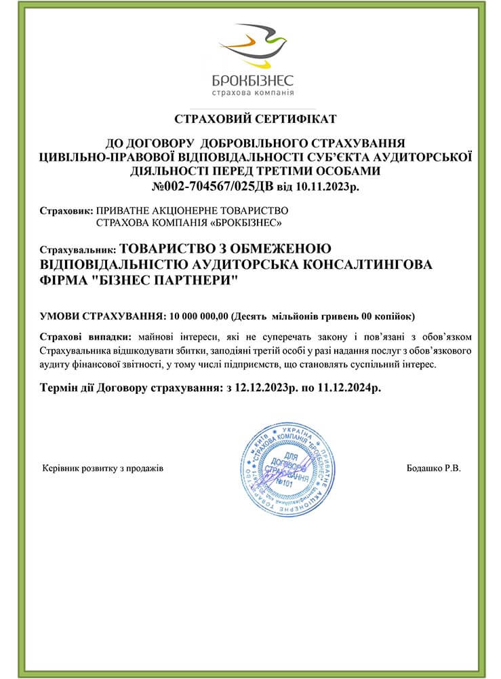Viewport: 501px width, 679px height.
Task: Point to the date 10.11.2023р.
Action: click(x=324, y=185)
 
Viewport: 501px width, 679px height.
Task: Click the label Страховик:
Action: click(x=67, y=210)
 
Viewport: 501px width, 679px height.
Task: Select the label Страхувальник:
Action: click(x=79, y=249)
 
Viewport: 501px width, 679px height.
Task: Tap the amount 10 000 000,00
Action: click(x=200, y=316)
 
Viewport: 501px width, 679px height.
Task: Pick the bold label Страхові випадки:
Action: click(x=85, y=336)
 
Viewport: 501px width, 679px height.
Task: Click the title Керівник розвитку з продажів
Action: click(x=102, y=469)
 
